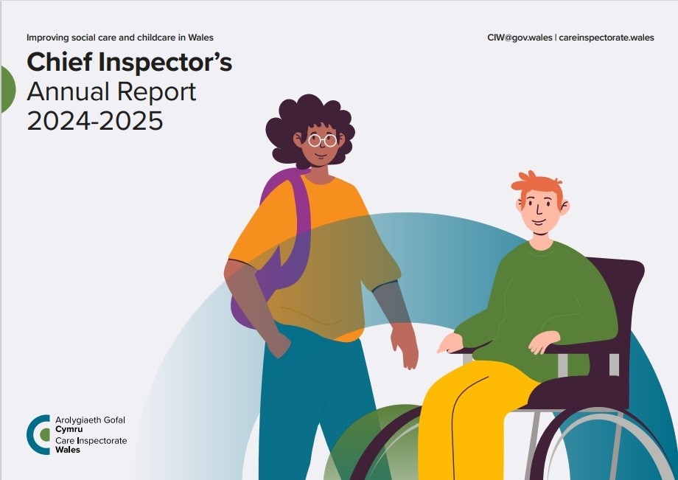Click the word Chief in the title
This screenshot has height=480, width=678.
(59, 61)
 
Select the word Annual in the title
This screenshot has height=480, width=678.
(68, 91)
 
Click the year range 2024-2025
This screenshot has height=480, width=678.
(94, 120)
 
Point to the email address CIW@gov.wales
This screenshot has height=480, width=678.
(520, 38)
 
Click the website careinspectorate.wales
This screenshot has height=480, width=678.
(607, 38)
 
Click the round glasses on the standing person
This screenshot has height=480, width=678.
(323, 140)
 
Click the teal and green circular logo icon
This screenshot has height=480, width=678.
(39, 434)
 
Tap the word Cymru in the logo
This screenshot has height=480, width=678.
(69, 430)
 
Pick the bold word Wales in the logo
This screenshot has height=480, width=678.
(68, 451)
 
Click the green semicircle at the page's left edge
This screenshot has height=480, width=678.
(8, 89)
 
